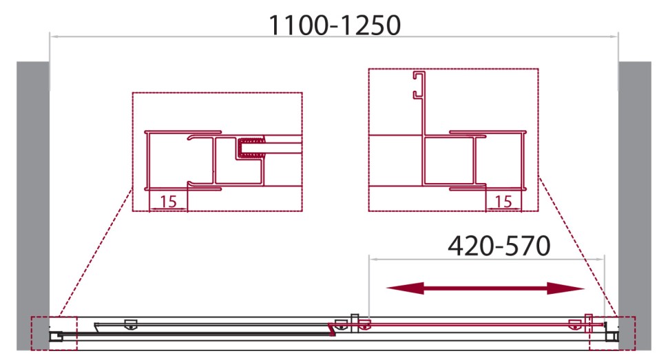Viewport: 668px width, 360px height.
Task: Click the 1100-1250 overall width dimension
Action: coord(334,25)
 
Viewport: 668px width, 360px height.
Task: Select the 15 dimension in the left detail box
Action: coord(167,202)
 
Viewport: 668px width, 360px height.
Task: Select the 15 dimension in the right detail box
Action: coord(503,202)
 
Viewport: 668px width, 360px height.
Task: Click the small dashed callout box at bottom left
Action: coord(54,334)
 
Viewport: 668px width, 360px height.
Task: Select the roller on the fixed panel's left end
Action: coord(129,324)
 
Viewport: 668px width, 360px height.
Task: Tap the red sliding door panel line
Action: coord(475,321)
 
